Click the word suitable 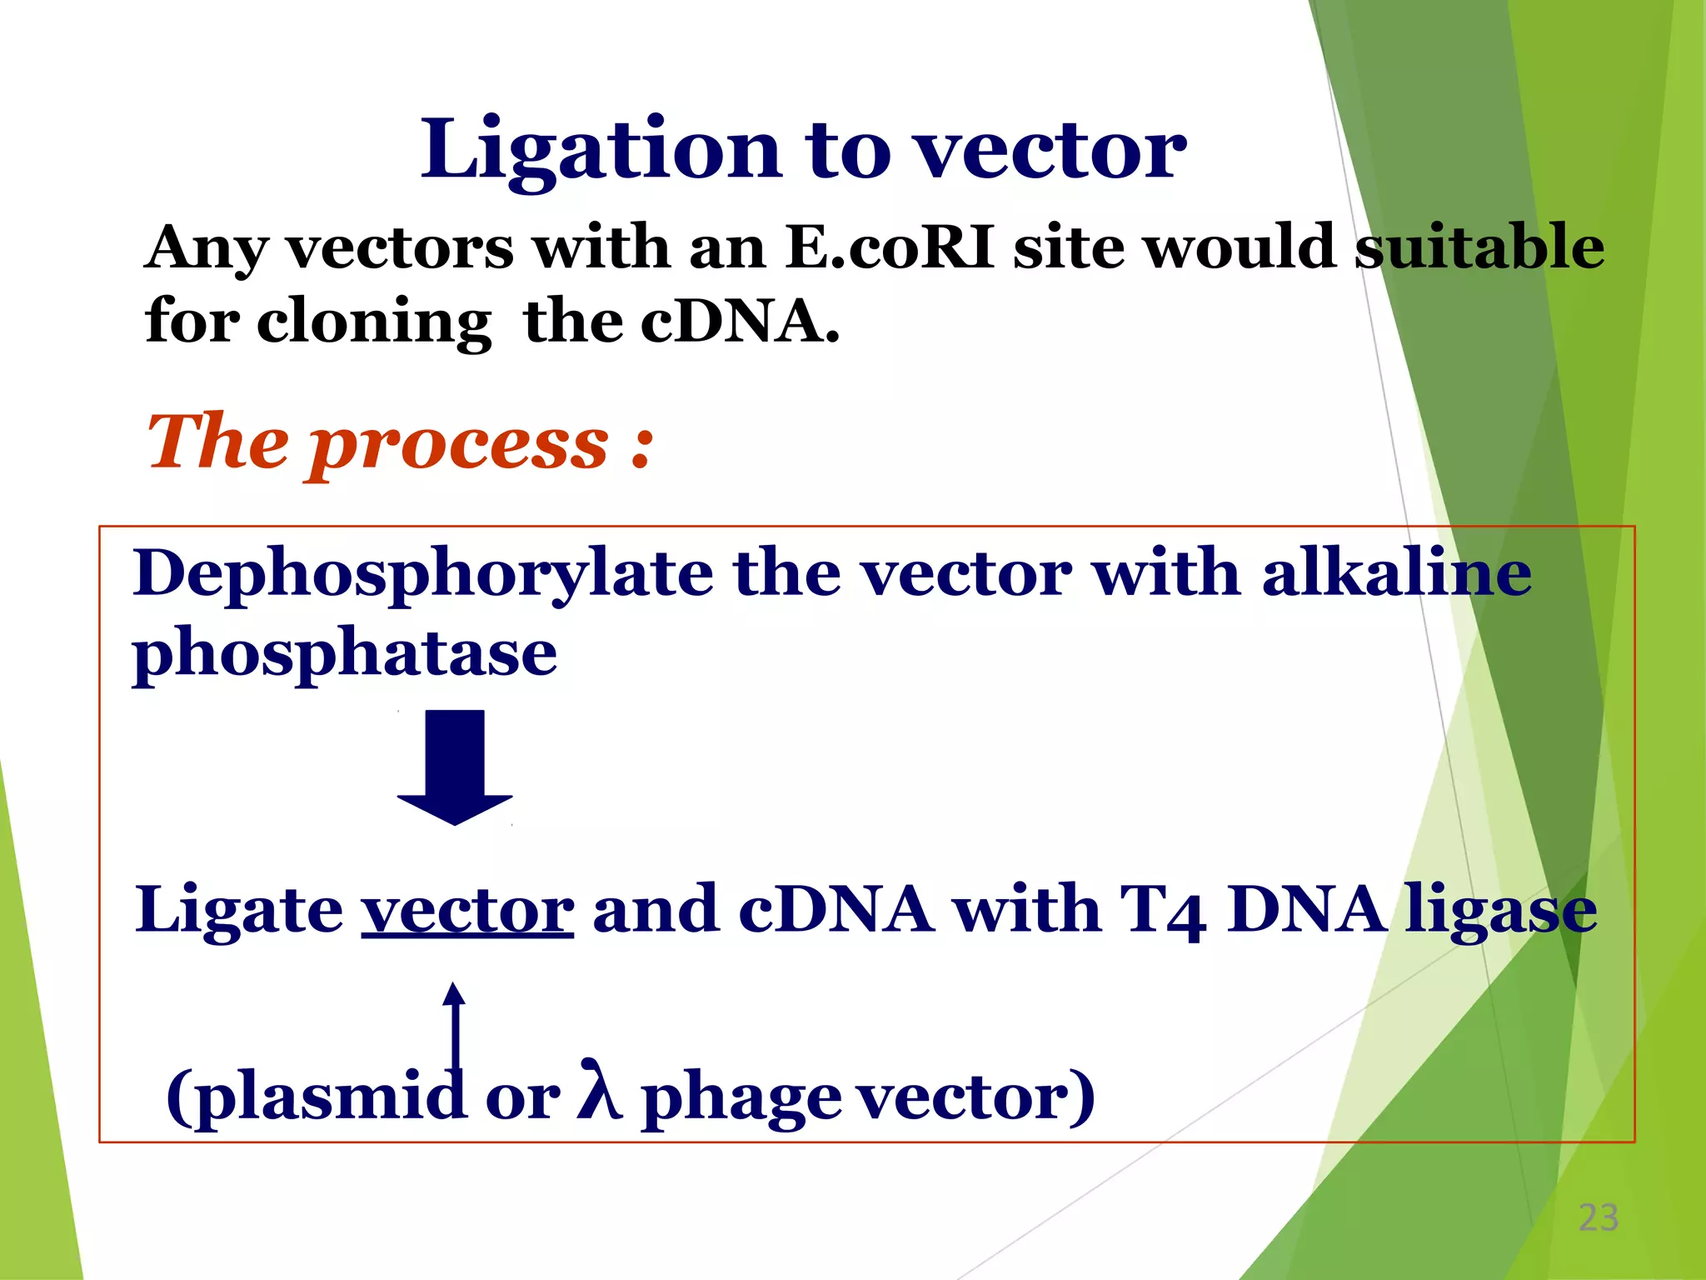coord(1479,247)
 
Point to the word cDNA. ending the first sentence coord(740,322)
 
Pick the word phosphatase coord(344,655)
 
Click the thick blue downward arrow coord(455,767)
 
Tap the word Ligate coord(239,911)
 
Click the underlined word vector coord(467,911)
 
